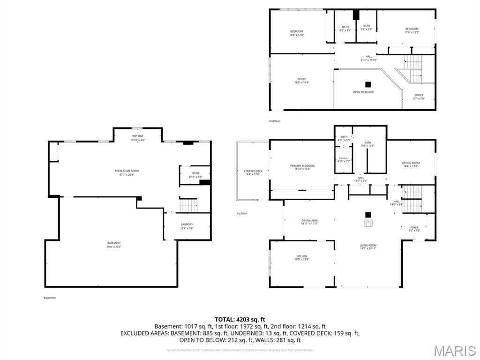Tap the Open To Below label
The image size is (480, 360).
[363, 92]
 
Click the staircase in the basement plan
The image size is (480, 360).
[188, 205]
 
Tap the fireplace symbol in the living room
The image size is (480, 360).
[368, 223]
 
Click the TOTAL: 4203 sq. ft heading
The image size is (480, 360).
[240, 319]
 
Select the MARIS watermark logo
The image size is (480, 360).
[454, 350]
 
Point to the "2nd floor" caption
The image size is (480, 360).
[274, 121]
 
